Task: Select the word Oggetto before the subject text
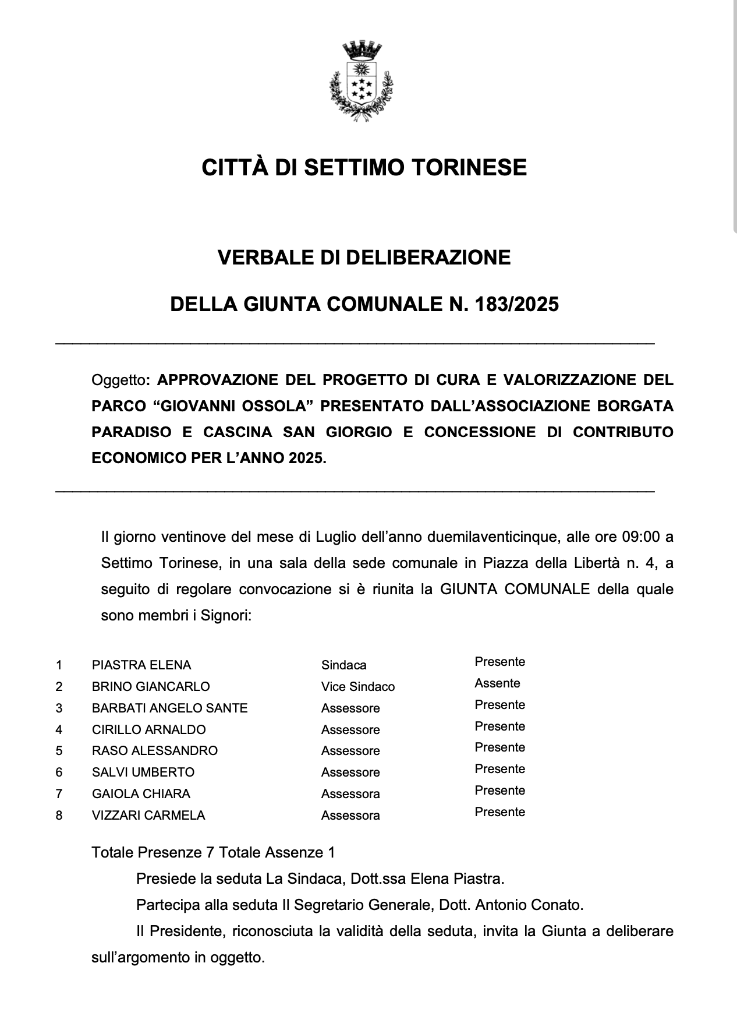pyautogui.click(x=118, y=380)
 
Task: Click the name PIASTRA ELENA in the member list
pyautogui.click(x=141, y=665)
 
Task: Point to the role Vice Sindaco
pyautogui.click(x=358, y=687)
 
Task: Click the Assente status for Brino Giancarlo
pyautogui.click(x=497, y=683)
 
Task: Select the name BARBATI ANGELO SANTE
pyautogui.click(x=169, y=708)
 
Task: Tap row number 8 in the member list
pyautogui.click(x=59, y=816)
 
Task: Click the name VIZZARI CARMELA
pyautogui.click(x=148, y=816)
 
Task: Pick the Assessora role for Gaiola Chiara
pyautogui.click(x=350, y=794)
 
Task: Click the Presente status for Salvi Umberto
pyautogui.click(x=499, y=769)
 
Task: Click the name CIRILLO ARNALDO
pyautogui.click(x=148, y=730)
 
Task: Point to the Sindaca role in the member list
pyautogui.click(x=343, y=665)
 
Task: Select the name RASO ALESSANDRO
pyautogui.click(x=154, y=751)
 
